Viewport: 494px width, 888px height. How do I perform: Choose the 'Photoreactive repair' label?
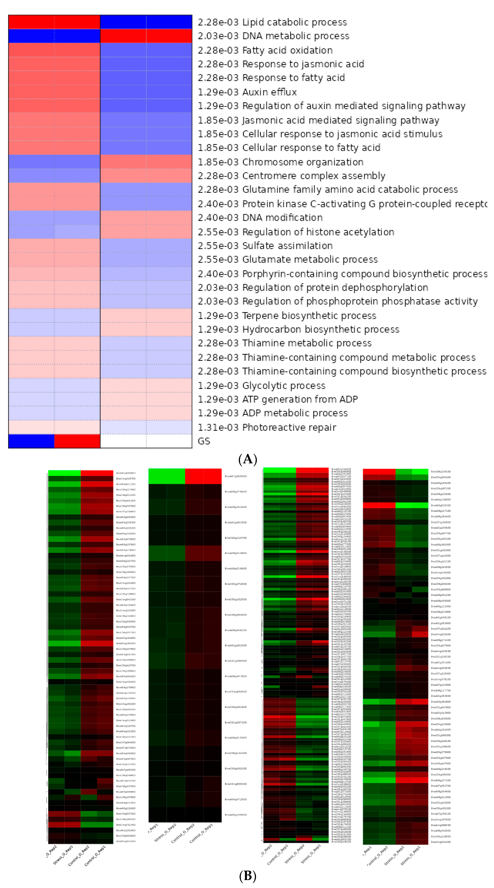[289, 427]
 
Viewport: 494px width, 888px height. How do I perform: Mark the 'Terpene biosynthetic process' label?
[309, 316]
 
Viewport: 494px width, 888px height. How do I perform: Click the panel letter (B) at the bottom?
[247, 876]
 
